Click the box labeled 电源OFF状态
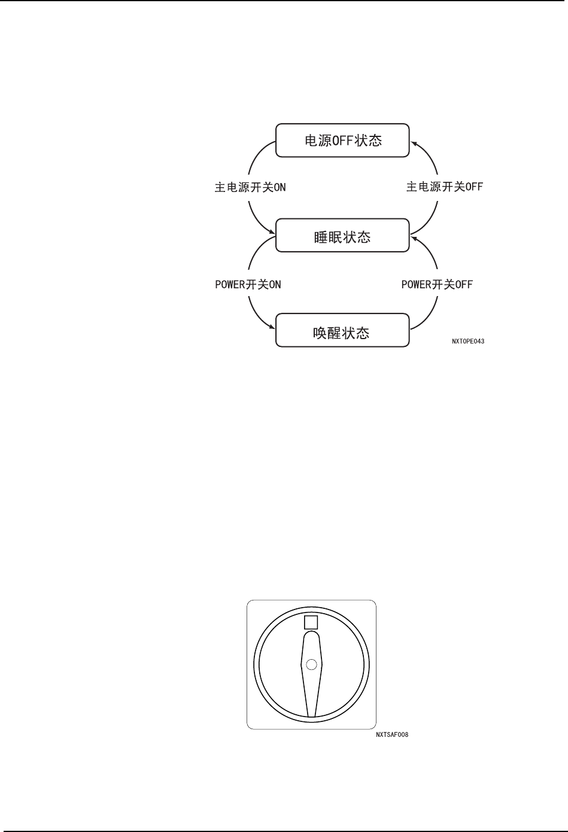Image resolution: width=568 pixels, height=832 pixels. click(x=342, y=141)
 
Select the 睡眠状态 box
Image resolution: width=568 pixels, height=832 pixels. click(x=342, y=237)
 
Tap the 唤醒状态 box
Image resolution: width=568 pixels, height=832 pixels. click(x=342, y=333)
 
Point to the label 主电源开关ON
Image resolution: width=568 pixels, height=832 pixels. click(x=250, y=187)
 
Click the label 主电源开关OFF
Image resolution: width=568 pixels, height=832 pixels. click(x=444, y=187)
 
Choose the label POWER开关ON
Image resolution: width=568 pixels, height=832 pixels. click(x=248, y=285)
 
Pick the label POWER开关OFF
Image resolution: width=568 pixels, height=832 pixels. click(x=437, y=285)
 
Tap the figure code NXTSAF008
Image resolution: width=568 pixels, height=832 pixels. click(x=392, y=735)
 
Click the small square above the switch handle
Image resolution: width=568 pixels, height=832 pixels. click(x=311, y=622)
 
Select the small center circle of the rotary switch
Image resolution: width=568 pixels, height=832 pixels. click(x=311, y=665)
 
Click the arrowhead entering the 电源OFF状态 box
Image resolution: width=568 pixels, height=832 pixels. click(x=412, y=142)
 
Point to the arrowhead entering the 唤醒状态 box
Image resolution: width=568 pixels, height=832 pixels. click(x=272, y=327)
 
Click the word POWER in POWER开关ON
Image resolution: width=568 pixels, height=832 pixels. click(x=230, y=285)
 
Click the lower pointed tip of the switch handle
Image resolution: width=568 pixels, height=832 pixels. click(x=311, y=715)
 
